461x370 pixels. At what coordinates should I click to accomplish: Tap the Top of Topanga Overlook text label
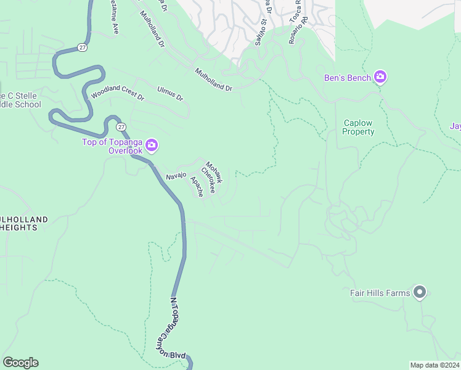pos(113,146)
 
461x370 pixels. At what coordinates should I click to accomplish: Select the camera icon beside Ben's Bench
pos(380,77)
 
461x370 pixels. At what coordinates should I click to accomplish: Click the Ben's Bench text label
pos(348,78)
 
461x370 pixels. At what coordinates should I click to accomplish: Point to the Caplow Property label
pos(359,128)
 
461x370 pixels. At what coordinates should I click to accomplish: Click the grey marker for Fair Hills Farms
pos(420,292)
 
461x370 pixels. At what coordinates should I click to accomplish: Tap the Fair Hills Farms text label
pos(380,293)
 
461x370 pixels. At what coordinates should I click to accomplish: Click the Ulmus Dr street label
pos(170,94)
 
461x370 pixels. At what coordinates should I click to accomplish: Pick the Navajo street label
pos(176,176)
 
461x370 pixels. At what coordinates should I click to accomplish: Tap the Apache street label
pos(197,187)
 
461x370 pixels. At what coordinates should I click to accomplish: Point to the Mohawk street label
pos(214,172)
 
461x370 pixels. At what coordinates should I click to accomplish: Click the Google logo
pos(20,363)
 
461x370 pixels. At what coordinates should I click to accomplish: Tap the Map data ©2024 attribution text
pos(434,364)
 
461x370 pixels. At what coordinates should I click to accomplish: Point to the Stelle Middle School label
pos(21,100)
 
